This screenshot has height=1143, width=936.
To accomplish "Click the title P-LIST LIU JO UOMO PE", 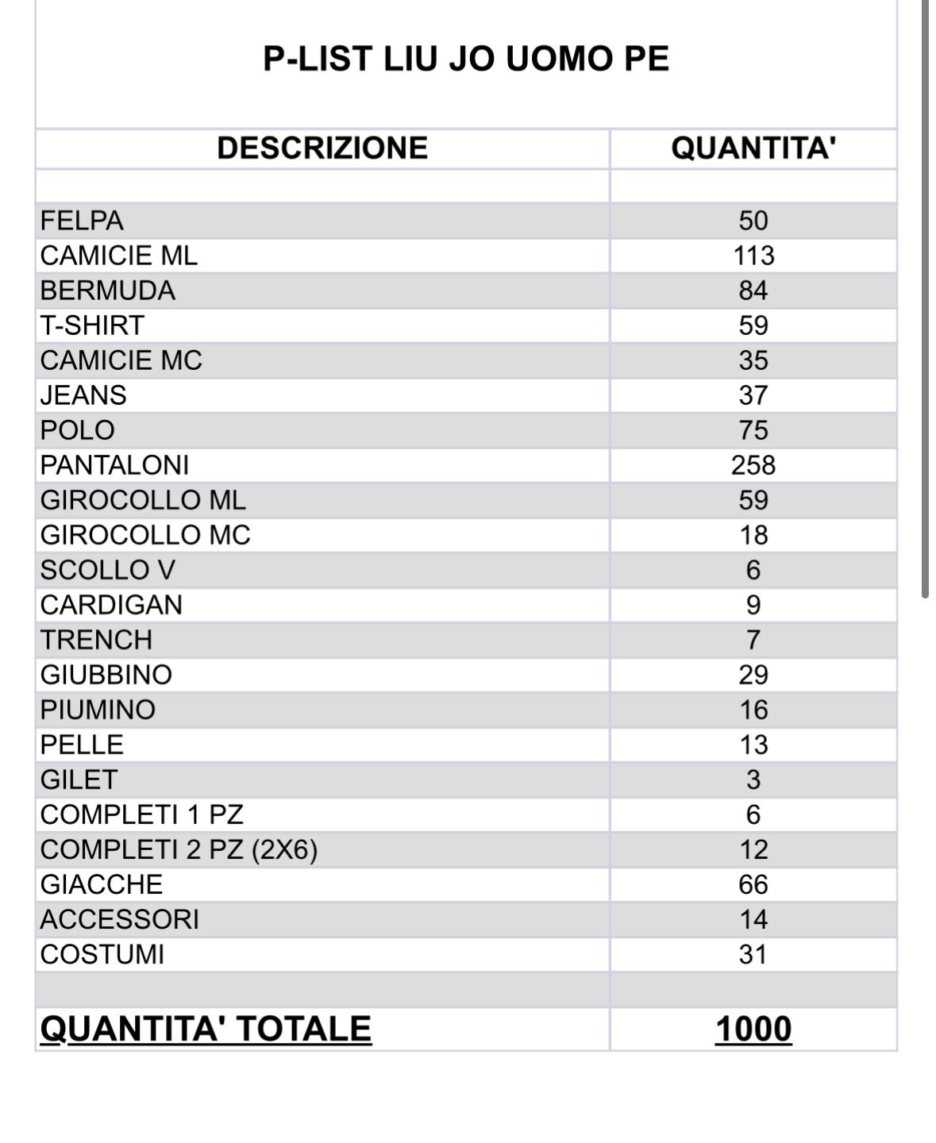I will coord(466,59).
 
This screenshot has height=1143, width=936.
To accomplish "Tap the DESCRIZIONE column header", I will coord(322,148).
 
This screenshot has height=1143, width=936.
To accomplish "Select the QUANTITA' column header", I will coord(753,148).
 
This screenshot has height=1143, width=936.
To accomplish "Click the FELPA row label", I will coord(82,221).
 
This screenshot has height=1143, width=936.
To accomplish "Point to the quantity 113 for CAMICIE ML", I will coord(753,256).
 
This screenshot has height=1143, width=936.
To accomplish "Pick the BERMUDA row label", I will coord(108,291).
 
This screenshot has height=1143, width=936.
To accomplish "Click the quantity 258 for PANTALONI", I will coord(753,465).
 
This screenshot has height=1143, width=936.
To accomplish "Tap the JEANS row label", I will coord(83,395).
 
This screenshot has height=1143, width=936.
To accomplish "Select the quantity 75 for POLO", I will coord(753,430).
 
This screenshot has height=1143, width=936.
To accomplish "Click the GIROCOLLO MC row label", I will coord(145,535).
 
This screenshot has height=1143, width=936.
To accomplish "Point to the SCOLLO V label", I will coord(108,570).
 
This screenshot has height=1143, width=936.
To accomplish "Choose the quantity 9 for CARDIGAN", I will coord(753,605).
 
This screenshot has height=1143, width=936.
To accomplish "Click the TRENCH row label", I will coord(96,640).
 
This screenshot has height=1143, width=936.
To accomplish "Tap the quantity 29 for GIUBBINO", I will coord(753,675).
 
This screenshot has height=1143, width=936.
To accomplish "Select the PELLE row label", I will coord(82,745).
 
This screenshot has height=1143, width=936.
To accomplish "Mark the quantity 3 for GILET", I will coord(753,779).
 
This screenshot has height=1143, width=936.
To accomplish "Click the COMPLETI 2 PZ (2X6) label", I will coord(179,849).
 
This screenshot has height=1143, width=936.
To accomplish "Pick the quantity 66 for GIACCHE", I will coord(753,884).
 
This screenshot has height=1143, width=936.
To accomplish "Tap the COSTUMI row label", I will coord(102,954).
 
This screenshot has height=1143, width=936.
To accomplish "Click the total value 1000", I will coord(753,1029).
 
